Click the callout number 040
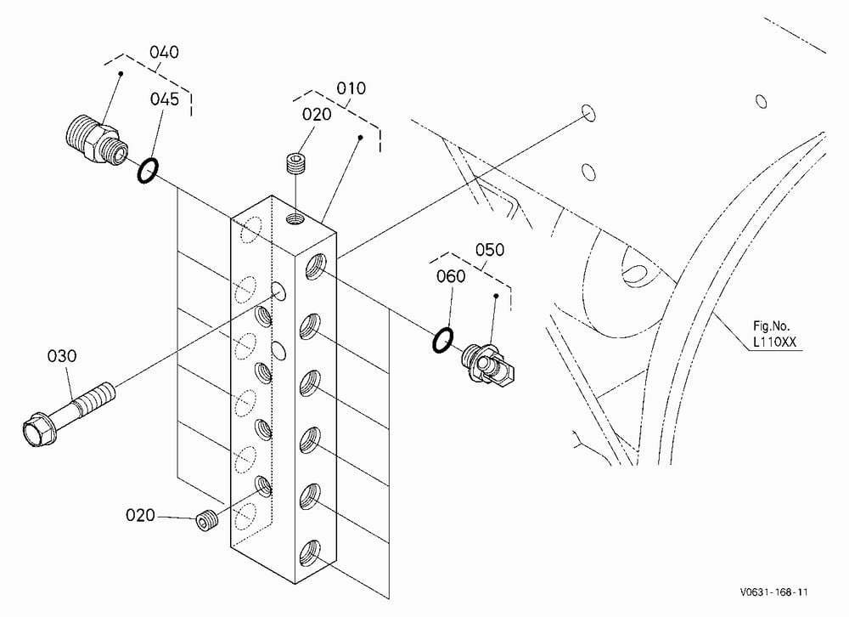[164, 52]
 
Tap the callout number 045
[164, 99]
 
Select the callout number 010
[351, 88]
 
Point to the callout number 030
[62, 356]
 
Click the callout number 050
[490, 250]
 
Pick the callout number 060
[451, 276]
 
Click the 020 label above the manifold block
[317, 115]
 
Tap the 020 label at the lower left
[140, 515]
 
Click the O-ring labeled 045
[147, 171]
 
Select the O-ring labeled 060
[443, 340]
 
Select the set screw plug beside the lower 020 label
[206, 520]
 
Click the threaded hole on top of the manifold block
[295, 219]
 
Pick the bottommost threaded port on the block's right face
[311, 552]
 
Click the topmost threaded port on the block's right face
[316, 266]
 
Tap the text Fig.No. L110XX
[774, 334]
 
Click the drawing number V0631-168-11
[773, 592]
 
